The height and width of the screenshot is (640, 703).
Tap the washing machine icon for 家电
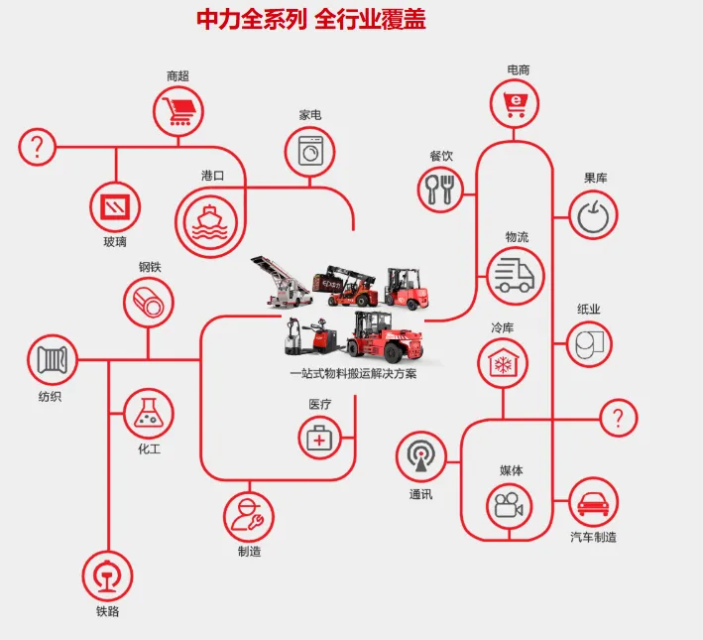click(x=310, y=153)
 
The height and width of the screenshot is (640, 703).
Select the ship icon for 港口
click(x=210, y=220)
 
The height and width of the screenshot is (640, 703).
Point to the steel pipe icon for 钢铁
click(x=149, y=302)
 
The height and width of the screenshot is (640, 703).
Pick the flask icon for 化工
click(x=149, y=413)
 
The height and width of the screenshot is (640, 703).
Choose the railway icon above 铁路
click(x=107, y=576)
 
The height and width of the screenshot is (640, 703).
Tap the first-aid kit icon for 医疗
click(x=319, y=437)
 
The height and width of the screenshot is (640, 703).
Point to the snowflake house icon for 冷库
click(x=503, y=363)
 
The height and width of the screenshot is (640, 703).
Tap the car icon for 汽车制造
click(x=591, y=502)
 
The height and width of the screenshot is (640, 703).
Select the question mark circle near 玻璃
click(x=38, y=148)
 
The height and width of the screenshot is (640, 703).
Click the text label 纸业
click(x=589, y=310)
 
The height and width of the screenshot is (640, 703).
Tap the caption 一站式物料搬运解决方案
click(x=354, y=374)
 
